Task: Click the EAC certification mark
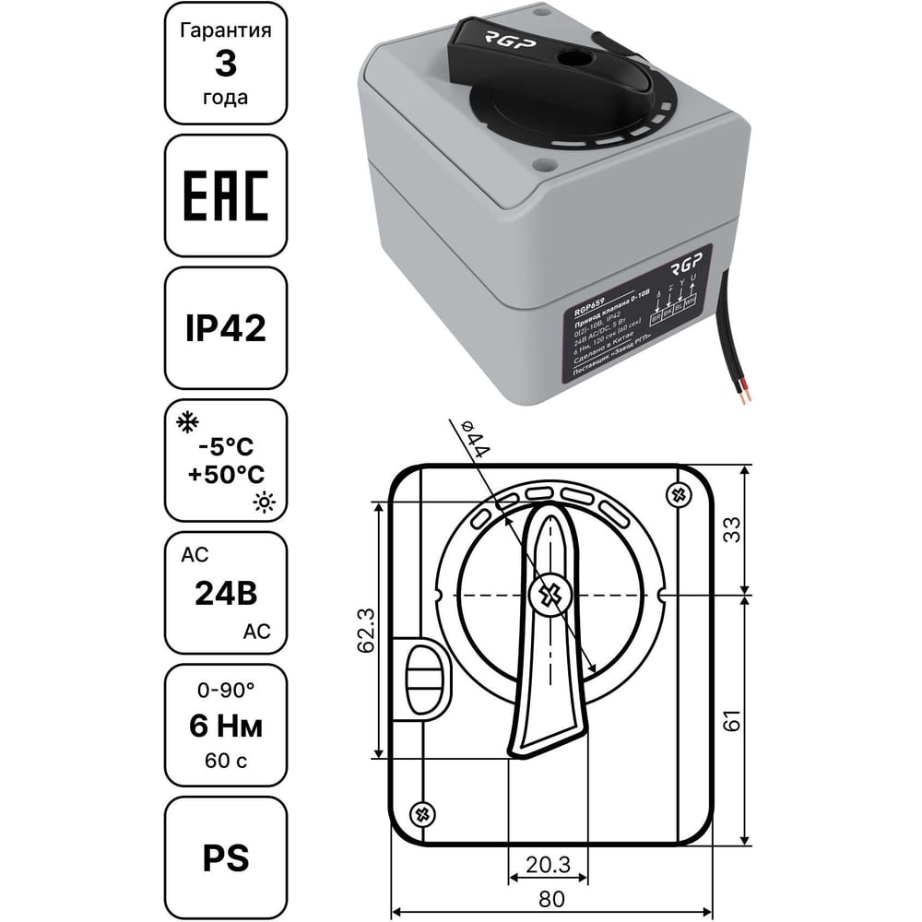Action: pyautogui.click(x=226, y=196)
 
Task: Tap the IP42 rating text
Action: pyautogui.click(x=226, y=329)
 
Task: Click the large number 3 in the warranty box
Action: pyautogui.click(x=226, y=65)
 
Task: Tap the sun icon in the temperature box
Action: pyautogui.click(x=266, y=502)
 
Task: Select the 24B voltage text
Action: pyautogui.click(x=226, y=594)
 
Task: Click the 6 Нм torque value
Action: pyautogui.click(x=226, y=727)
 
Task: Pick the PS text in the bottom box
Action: pyautogui.click(x=226, y=858)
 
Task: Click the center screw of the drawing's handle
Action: pyautogui.click(x=550, y=595)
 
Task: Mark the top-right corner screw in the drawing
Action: pyautogui.click(x=680, y=495)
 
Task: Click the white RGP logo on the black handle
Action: pyautogui.click(x=499, y=40)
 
